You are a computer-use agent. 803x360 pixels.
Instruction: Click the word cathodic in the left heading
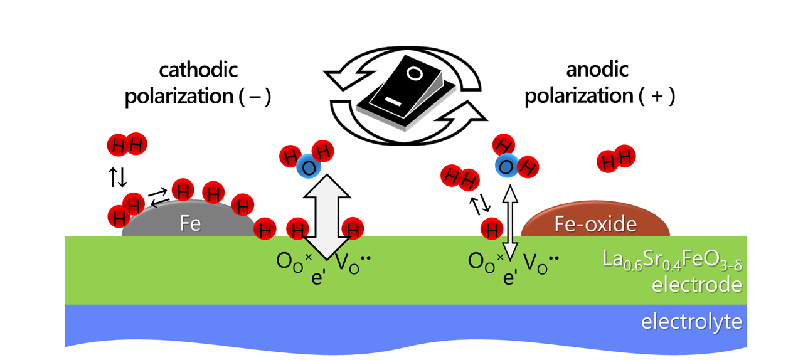tap(198, 70)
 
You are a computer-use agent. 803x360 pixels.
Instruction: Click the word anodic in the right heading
tap(597, 70)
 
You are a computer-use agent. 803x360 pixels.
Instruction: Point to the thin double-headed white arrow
tap(511, 223)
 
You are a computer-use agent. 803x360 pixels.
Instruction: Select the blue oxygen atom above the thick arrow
tap(307, 167)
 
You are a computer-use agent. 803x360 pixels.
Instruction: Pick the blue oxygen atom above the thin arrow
tap(506, 165)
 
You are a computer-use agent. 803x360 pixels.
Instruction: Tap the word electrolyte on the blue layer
tap(691, 322)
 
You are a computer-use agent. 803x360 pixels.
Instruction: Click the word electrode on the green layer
tap(696, 285)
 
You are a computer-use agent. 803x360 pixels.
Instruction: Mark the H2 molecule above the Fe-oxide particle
tap(617, 159)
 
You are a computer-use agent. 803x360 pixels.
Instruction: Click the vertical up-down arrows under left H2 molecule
tap(118, 177)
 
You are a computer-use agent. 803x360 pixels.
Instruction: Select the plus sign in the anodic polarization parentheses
tap(654, 98)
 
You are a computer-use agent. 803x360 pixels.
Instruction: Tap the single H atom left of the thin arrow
tap(492, 229)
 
